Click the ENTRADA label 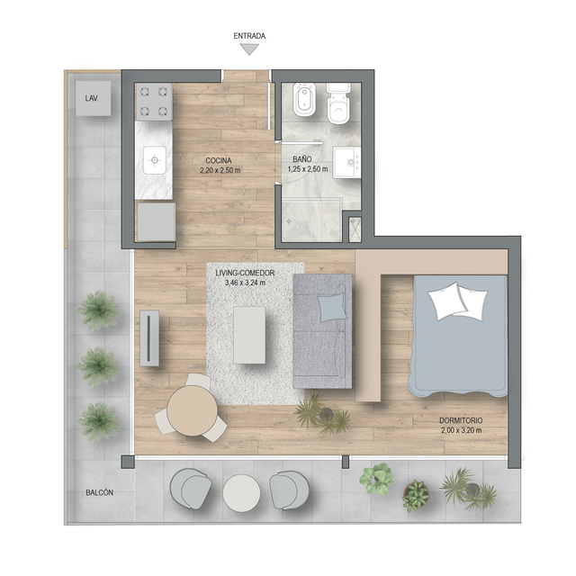[x=249, y=36]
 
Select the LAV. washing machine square [x=94, y=98]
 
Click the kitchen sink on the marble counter [x=155, y=160]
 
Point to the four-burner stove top [x=154, y=102]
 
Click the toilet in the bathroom [x=338, y=103]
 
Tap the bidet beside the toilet [x=304, y=100]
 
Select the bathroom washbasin [x=346, y=162]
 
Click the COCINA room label [x=219, y=160]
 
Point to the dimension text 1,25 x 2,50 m [x=308, y=169]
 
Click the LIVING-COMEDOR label [x=245, y=273]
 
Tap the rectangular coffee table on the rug [x=249, y=335]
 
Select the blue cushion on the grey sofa [x=332, y=307]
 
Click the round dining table [x=192, y=411]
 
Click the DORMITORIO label [x=461, y=420]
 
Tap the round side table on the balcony [x=241, y=492]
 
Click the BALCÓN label [x=100, y=492]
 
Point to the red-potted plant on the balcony [x=416, y=496]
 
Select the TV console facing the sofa [x=149, y=338]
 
